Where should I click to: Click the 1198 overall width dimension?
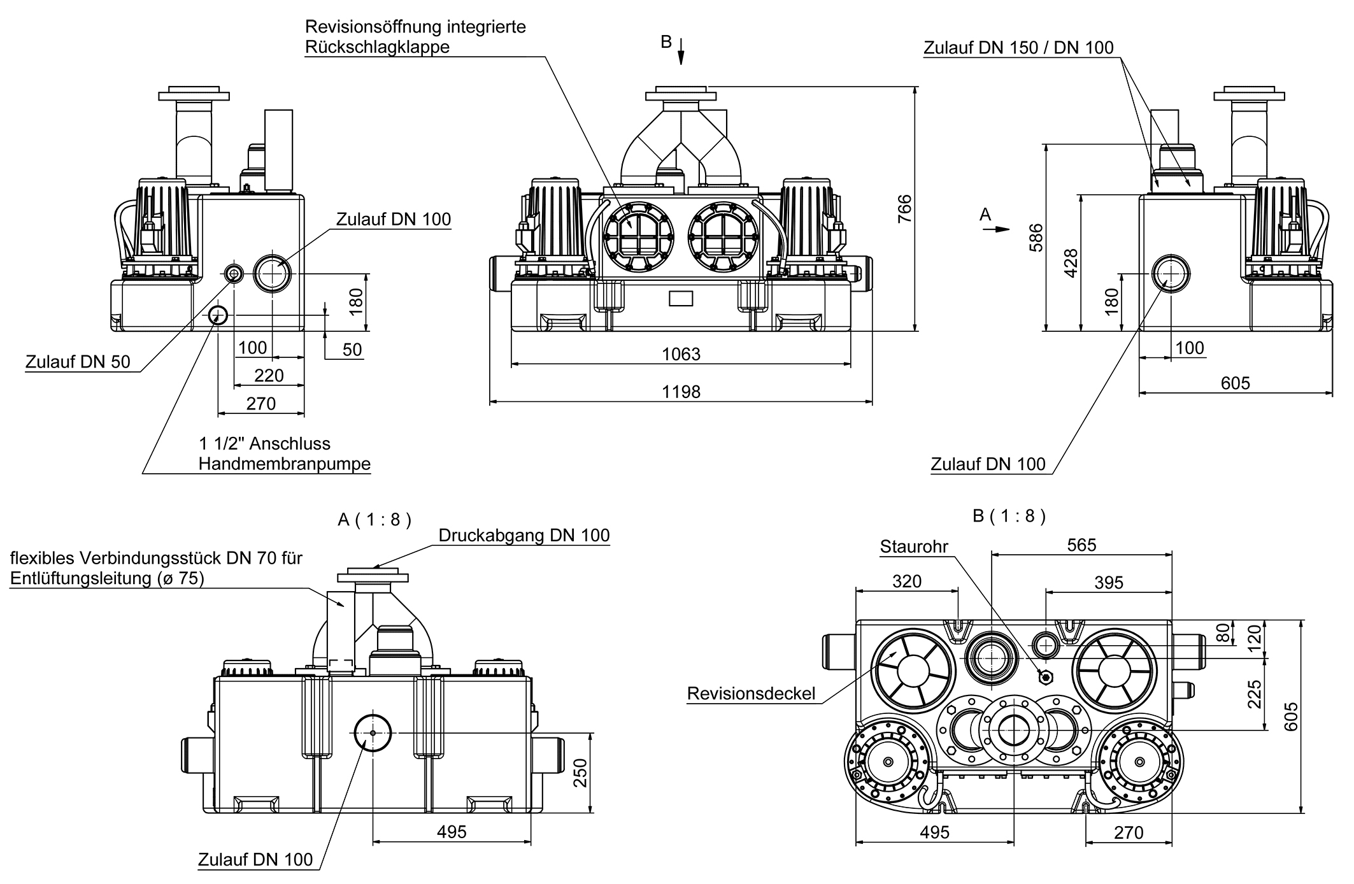pos(681,392)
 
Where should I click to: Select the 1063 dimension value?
pos(681,354)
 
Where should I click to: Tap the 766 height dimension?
pos(904,208)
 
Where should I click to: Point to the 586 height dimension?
pos(1036,237)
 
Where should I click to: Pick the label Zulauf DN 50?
pos(78,362)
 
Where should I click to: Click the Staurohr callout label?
pos(914,546)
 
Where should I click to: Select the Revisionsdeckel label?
pos(751,694)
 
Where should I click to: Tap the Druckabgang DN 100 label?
pos(524,536)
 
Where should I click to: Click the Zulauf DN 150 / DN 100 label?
pos(1018,48)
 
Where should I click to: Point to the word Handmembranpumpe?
pos(284,464)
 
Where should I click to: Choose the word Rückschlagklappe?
pos(377,46)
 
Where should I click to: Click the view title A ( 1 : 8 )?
pos(374,520)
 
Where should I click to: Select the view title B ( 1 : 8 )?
pos(1009,516)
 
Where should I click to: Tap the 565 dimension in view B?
pos(1081,545)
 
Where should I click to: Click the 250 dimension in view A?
pos(580,773)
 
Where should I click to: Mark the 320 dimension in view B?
pos(906,581)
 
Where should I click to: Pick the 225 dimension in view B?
pos(1254,694)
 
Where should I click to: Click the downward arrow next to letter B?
pos(681,51)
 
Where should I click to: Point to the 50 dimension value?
pos(352,350)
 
